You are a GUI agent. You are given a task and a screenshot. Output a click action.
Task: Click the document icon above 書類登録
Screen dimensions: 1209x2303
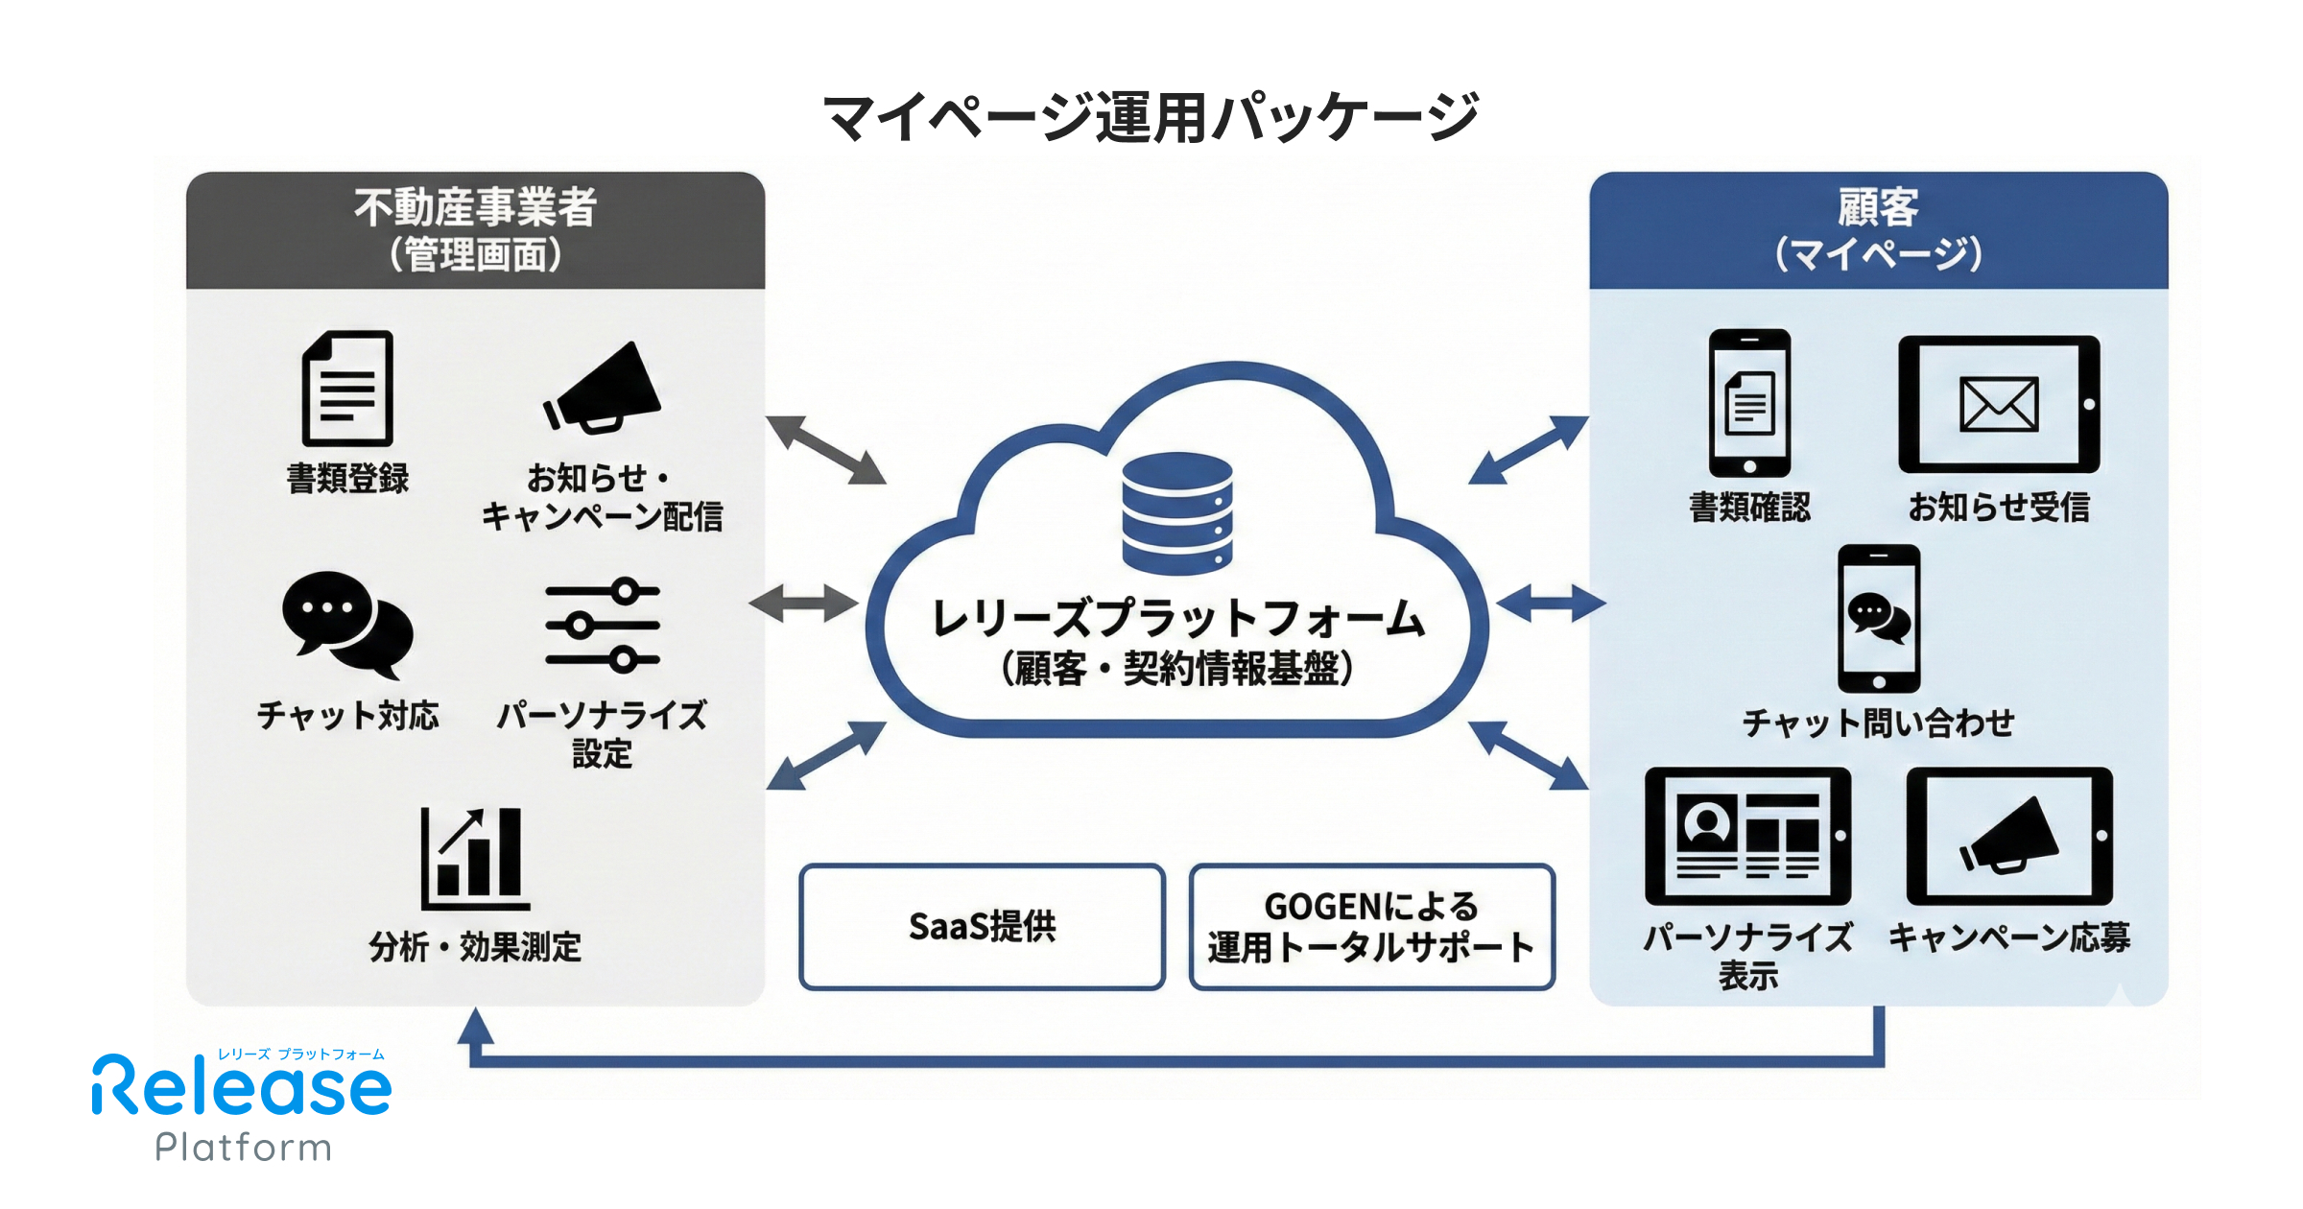[347, 388]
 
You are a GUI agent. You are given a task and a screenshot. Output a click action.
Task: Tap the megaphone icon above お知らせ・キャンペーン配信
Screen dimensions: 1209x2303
[603, 390]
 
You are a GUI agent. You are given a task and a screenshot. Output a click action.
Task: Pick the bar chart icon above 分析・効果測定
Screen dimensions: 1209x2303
[475, 859]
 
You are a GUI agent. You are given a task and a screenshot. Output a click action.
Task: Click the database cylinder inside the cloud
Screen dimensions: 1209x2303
[1177, 513]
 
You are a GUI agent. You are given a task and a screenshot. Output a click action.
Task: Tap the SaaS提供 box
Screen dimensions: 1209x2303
[982, 926]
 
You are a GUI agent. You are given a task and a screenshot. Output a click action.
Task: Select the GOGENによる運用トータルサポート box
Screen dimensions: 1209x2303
[1371, 926]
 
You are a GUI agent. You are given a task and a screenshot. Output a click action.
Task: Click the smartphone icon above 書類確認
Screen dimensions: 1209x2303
[1749, 403]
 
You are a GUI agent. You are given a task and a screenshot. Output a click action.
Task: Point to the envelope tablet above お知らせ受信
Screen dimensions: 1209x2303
[1999, 404]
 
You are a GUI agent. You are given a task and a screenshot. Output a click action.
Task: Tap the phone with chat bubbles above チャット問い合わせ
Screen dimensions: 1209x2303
[1879, 619]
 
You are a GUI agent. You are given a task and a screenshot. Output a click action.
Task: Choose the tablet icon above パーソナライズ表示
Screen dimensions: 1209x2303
[1747, 836]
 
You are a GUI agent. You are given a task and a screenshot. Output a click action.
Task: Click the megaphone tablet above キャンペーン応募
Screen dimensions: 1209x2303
[2009, 836]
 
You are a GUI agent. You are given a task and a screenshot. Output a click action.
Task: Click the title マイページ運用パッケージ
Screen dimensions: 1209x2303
[1151, 117]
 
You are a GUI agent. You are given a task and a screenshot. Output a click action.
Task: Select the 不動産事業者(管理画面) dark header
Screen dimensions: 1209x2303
[475, 230]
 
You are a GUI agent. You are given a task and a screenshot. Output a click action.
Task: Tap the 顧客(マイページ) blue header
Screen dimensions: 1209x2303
[1878, 230]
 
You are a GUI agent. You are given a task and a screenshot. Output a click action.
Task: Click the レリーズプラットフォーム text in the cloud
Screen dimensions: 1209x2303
[1177, 619]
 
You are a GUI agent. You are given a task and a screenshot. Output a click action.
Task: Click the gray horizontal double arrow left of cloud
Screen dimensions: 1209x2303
[803, 604]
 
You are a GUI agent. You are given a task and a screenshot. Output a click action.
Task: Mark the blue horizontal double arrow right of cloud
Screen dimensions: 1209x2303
[1550, 604]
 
